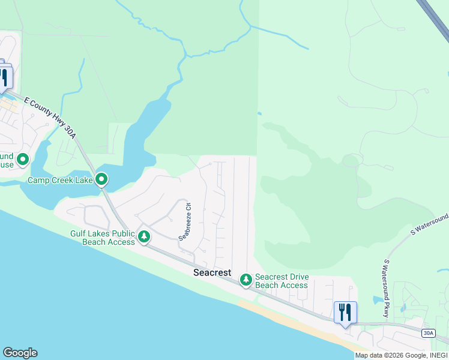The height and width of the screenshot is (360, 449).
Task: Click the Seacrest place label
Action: click(x=212, y=272)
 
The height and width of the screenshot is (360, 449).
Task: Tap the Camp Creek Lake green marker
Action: click(x=102, y=179)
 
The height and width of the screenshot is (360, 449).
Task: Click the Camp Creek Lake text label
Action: click(x=60, y=179)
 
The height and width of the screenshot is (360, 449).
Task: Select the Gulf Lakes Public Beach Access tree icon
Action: click(x=144, y=237)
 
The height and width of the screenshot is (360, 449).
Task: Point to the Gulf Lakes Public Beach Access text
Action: click(x=102, y=238)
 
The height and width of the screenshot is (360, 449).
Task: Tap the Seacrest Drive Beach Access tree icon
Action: click(x=246, y=280)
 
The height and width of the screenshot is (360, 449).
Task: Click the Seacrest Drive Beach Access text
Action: click(x=282, y=281)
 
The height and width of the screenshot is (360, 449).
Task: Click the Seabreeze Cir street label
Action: click(x=184, y=221)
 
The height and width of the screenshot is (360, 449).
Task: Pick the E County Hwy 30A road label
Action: click(x=51, y=119)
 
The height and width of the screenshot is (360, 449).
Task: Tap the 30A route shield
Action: click(x=427, y=333)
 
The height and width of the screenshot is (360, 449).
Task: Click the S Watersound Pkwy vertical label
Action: click(x=387, y=289)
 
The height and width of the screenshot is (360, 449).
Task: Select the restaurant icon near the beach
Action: click(x=345, y=313)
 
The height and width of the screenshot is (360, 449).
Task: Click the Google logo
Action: click(x=20, y=353)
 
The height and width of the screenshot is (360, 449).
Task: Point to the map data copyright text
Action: click(x=401, y=355)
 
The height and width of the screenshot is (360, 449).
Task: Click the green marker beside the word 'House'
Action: click(x=23, y=160)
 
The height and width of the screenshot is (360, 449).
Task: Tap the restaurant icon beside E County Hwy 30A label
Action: click(x=4, y=77)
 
